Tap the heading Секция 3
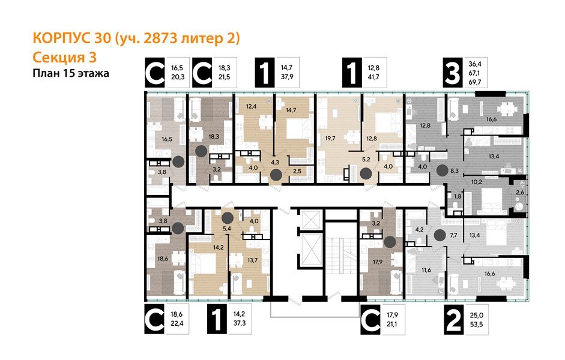click(63, 57)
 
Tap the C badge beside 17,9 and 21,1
click(371, 319)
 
